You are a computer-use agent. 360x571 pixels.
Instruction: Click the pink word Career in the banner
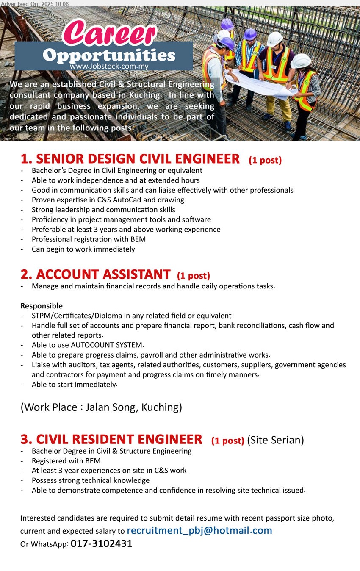(109, 34)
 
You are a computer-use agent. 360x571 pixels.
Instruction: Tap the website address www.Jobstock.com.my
(109, 66)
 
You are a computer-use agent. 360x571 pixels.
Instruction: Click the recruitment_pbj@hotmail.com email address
(199, 530)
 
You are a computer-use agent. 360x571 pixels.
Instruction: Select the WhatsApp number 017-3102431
(102, 543)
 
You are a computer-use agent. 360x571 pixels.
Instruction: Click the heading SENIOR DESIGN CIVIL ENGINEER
(130, 159)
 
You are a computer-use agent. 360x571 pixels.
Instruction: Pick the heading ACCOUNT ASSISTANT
(96, 274)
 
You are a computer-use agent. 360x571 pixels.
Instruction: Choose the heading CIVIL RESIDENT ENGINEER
(111, 439)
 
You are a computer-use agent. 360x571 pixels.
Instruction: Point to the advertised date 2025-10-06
(53, 3)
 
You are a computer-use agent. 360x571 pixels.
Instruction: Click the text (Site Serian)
(275, 440)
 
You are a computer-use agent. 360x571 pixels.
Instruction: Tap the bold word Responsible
(42, 306)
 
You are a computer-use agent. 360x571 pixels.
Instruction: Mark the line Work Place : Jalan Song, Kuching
(101, 407)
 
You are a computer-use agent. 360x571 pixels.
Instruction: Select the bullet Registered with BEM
(66, 461)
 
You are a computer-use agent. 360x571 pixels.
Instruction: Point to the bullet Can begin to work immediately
(83, 249)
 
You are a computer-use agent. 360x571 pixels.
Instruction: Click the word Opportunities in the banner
(109, 55)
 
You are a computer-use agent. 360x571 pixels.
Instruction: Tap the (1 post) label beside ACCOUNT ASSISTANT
(193, 276)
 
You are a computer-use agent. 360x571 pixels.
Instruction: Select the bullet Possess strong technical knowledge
(90, 480)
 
